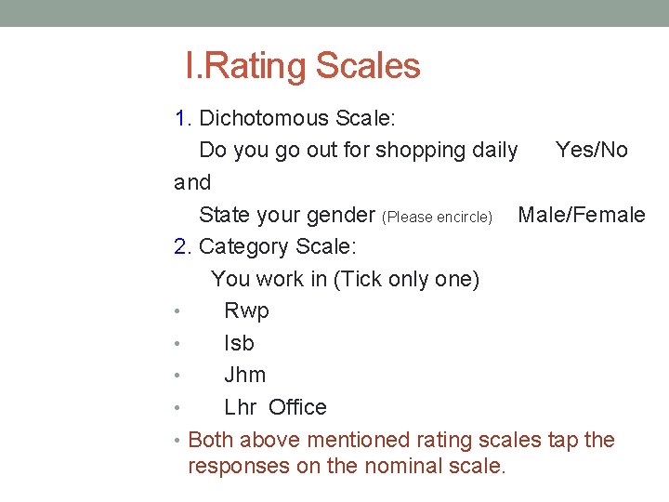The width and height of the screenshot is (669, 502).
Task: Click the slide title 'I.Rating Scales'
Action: tap(303, 66)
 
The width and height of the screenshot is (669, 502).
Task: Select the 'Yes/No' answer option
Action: tap(591, 150)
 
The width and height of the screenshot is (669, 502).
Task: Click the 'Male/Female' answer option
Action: tap(581, 215)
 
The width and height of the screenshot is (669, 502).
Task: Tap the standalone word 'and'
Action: tap(192, 182)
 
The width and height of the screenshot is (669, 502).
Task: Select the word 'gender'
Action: tap(339, 216)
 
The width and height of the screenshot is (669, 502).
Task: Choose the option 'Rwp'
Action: tap(246, 310)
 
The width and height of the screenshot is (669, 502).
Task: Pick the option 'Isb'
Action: tap(239, 343)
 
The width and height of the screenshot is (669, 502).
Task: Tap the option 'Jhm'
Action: tap(244, 375)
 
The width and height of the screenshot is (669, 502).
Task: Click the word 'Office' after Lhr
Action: tap(297, 407)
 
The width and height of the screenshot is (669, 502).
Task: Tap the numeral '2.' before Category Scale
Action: tap(183, 246)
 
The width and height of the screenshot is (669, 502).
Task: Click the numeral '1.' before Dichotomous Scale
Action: tap(183, 118)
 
